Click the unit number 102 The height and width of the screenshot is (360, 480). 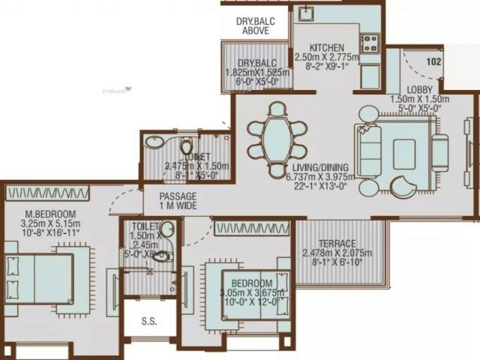pos(434,62)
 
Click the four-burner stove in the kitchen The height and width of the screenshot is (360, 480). pos(370,43)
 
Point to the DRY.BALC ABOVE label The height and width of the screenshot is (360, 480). pos(256,26)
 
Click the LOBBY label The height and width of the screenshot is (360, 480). pos(419,89)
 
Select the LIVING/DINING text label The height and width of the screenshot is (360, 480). pos(320,168)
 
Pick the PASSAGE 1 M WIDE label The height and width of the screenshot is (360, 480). pos(178,201)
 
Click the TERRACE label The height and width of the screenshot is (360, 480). pos(337,244)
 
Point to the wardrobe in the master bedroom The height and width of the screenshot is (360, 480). pos(47,193)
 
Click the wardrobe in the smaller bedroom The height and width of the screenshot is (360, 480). pos(252,228)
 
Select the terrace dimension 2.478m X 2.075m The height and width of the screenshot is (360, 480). pos(337,253)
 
